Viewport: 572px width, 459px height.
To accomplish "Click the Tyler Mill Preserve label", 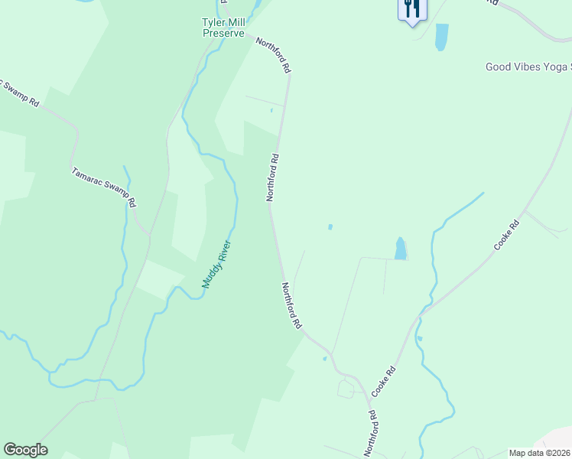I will tap(223, 28).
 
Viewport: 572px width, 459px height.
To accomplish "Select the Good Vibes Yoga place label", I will tap(528, 67).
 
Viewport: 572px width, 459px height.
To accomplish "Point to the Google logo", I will tap(25, 450).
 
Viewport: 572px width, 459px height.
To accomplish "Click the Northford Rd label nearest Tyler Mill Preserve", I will tap(273, 55).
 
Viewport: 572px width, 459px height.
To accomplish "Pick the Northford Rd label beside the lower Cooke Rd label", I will tap(372, 431).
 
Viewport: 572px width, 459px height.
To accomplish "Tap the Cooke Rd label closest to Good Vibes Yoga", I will tap(506, 236).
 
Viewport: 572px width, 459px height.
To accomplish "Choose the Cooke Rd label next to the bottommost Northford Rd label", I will tap(384, 381).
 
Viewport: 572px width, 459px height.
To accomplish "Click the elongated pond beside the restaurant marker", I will tap(441, 37).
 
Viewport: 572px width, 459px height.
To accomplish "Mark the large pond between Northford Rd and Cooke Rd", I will tap(400, 248).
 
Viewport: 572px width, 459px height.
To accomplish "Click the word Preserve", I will tap(223, 34).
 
